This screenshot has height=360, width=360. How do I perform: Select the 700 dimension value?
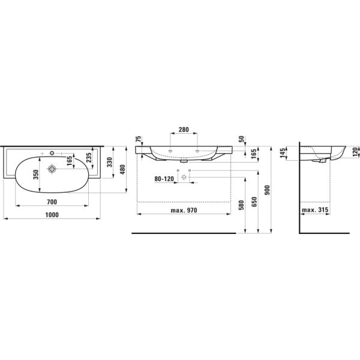point(53,202)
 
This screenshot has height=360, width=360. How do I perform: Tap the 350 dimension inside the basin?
point(35,175)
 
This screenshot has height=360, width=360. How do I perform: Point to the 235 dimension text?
point(89,157)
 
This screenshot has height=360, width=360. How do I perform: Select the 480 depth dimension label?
point(124,170)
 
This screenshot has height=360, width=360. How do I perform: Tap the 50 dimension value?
point(241,139)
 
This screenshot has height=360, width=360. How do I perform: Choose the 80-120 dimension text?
point(163,178)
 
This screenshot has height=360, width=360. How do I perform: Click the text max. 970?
point(184,211)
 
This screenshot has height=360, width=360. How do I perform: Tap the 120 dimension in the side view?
point(355,151)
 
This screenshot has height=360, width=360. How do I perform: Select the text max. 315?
point(316,211)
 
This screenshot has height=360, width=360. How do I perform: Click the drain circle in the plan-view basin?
point(53,170)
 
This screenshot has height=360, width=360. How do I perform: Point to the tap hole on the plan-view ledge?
point(52,151)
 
